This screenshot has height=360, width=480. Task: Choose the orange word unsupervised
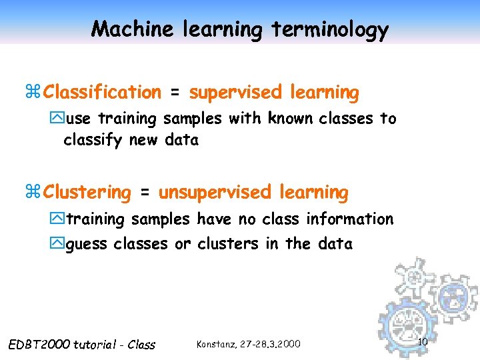pos(215,193)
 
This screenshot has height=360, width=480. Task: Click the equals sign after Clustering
pos(145,193)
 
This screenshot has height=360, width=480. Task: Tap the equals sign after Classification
pos(175,93)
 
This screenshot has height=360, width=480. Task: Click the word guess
pos(87,245)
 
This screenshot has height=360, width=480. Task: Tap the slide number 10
pos(422,342)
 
